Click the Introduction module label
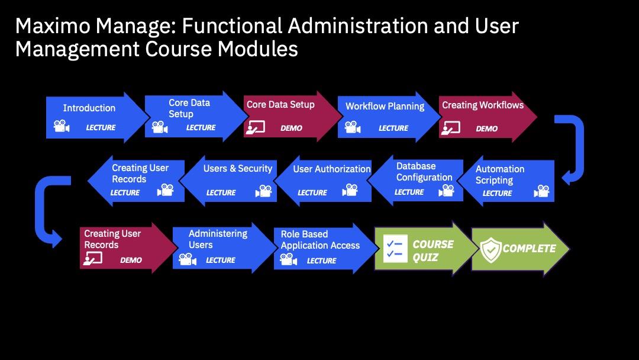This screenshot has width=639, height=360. coord(89,108)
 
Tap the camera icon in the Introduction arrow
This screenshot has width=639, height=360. coord(62,126)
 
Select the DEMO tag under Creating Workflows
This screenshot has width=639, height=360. coord(486,128)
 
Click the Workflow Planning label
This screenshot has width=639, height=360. coord(385,107)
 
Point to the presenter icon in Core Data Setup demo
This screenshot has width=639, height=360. coord(255,128)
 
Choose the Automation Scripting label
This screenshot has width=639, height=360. coord(500,175)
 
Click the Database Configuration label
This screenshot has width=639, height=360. coord(424,172)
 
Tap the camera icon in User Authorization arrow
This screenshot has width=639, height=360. coord(350,190)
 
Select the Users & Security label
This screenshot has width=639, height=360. coord(238,168)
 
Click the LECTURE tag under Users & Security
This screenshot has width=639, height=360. coord(221,192)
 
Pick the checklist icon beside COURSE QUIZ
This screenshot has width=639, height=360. coord(395,248)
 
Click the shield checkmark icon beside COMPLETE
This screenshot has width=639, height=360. coord(490,249)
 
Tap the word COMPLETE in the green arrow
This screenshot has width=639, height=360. coord(530,248)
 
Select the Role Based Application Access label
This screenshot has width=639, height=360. coord(320,240)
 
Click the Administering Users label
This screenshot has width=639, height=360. coord(218,239)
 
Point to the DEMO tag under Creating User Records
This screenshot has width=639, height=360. coord(131,260)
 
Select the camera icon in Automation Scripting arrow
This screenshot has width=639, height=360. coord(541,191)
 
